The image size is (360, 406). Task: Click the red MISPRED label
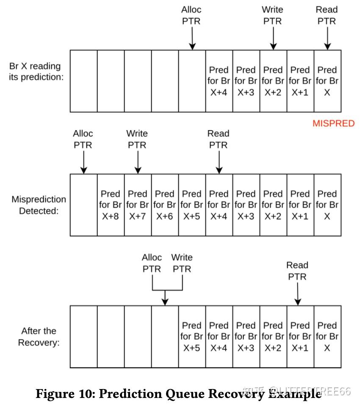coord(333,123)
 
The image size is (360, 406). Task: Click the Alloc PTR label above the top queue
coord(191,15)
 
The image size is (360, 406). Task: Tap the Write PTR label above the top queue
coord(272,15)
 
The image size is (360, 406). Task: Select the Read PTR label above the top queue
coord(327,15)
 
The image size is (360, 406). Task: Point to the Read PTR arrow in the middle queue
coord(219,162)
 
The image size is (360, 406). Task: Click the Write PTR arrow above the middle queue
coord(138,162)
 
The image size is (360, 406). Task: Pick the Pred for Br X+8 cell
coord(111,205)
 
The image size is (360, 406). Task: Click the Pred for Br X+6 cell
coord(165,205)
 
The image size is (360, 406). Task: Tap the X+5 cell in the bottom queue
coord(192,336)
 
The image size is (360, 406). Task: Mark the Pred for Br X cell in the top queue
coord(327,81)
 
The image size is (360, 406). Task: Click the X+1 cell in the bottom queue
coord(300,336)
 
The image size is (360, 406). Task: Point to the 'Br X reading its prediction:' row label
coord(36,72)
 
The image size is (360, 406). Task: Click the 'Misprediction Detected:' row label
coord(39,205)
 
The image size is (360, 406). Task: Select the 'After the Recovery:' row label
coord(39,336)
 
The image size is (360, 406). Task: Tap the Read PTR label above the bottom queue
coord(297,271)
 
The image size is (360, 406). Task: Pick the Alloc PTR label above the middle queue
coord(83,139)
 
